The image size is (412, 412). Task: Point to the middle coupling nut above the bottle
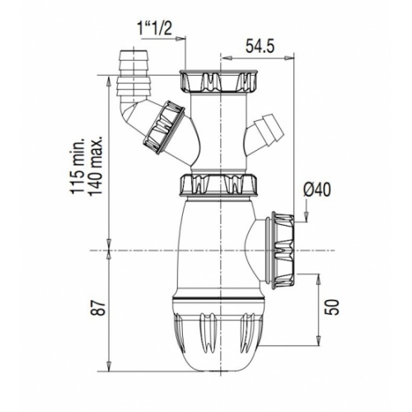click(x=219, y=185)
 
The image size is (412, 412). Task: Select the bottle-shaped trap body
click(x=219, y=247)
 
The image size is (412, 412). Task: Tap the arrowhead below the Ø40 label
click(x=308, y=219)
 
